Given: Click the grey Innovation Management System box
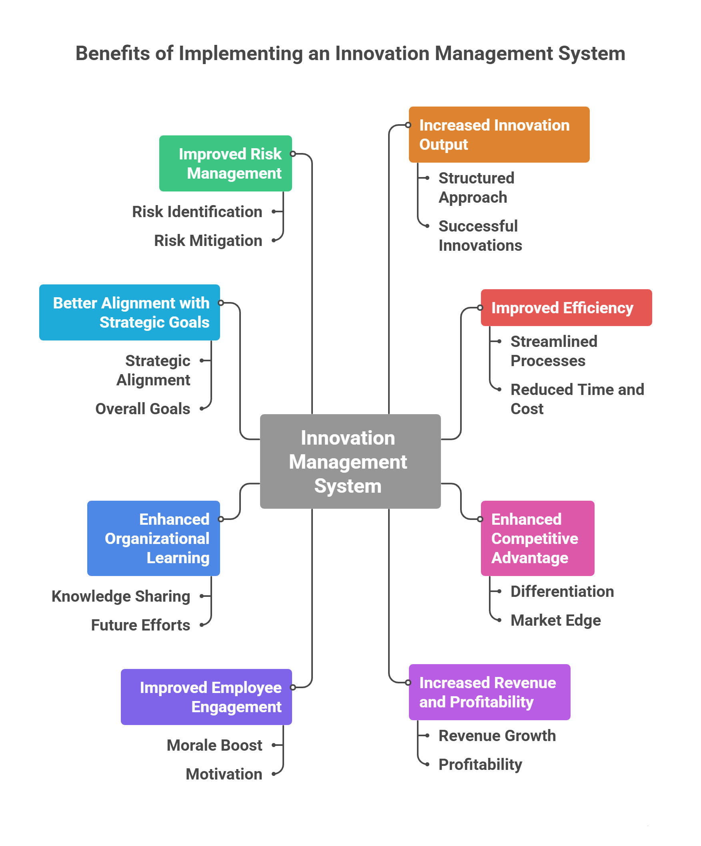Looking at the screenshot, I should [350, 461].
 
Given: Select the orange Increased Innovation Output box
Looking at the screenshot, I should [499, 135].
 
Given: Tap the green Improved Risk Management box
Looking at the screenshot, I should [225, 163].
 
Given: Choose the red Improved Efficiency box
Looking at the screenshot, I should [566, 308].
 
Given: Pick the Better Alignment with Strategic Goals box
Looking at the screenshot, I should [129, 312].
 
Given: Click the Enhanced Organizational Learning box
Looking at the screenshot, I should [153, 538].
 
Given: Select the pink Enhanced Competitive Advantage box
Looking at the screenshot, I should [537, 538].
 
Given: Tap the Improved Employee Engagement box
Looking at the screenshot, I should [206, 697].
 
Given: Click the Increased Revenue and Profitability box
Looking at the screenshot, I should [489, 692].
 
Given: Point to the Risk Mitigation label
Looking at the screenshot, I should [208, 240].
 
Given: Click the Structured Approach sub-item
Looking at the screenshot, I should [476, 188].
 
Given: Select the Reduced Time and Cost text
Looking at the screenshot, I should [577, 399].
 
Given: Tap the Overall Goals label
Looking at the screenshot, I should [142, 409].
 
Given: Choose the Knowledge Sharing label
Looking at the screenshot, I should [121, 596].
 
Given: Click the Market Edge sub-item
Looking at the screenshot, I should [555, 620].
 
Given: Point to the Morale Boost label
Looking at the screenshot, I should [214, 745].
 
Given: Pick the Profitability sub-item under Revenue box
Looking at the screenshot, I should [480, 764].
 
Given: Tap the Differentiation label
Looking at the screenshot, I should [562, 591].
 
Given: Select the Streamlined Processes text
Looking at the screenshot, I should [553, 351].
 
